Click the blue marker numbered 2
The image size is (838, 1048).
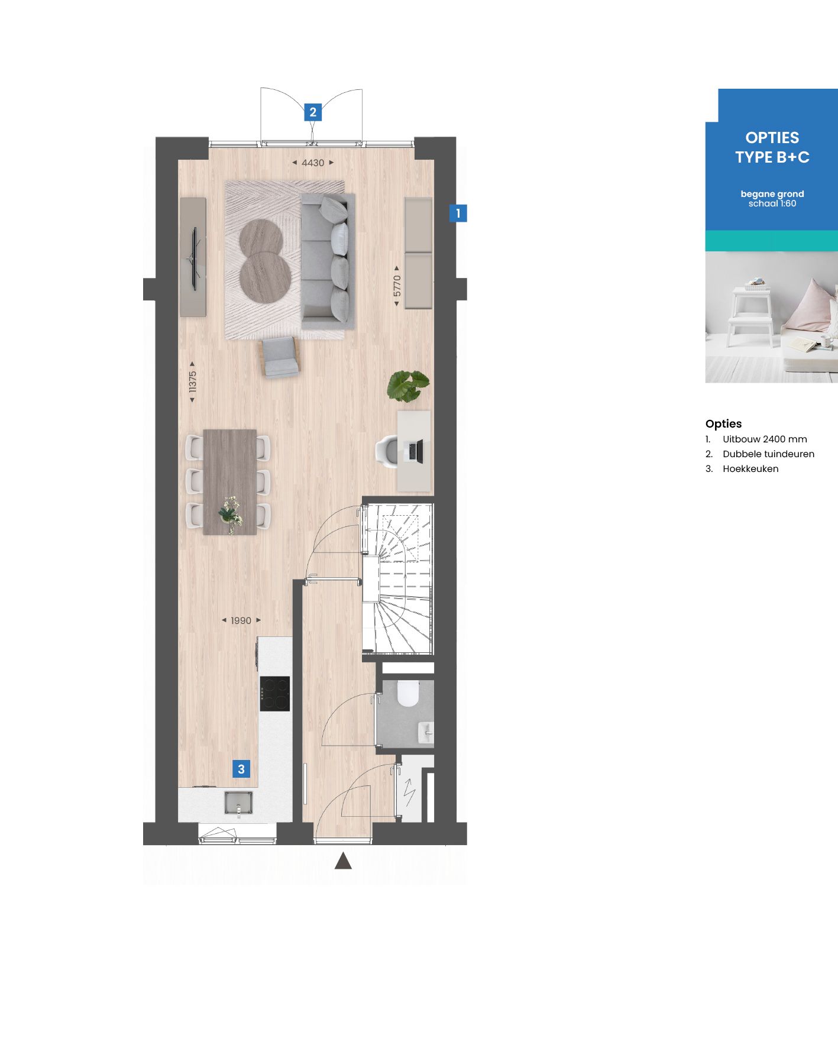click(313, 112)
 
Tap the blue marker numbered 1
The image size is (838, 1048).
click(458, 213)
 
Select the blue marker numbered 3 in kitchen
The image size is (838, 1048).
click(241, 769)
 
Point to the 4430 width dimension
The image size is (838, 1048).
click(313, 163)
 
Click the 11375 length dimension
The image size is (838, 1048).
click(192, 382)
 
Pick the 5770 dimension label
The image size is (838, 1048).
click(397, 286)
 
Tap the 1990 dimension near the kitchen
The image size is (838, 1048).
click(241, 620)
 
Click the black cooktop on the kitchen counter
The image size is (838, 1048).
click(275, 693)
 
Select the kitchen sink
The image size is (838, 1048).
click(239, 803)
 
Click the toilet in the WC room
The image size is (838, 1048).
click(408, 693)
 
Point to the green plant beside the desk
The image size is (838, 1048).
click(407, 384)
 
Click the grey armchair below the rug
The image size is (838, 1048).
click(280, 357)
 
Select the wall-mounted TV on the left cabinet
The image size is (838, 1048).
click(194, 258)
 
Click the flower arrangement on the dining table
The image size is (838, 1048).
click(230, 512)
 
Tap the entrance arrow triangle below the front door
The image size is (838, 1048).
click(343, 861)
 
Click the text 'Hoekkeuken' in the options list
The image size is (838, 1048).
click(750, 469)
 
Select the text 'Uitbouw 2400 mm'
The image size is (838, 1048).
click(764, 439)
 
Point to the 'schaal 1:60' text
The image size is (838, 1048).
click(772, 203)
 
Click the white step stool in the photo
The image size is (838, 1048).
click(751, 316)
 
